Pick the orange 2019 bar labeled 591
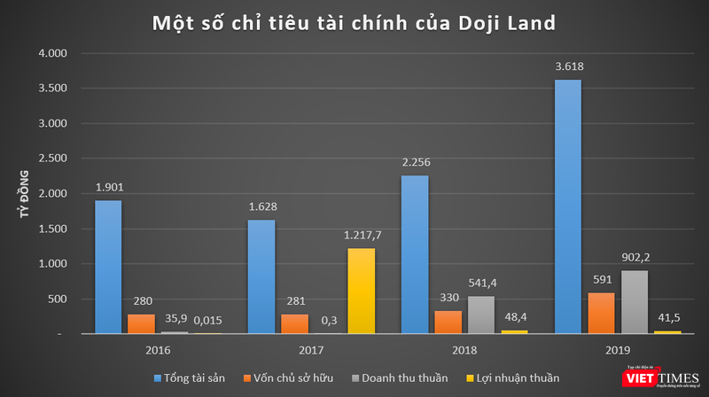(x=600, y=313)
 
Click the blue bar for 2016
(x=108, y=267)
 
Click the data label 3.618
(x=568, y=67)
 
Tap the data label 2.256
(x=415, y=163)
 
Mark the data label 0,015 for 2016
(x=208, y=323)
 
